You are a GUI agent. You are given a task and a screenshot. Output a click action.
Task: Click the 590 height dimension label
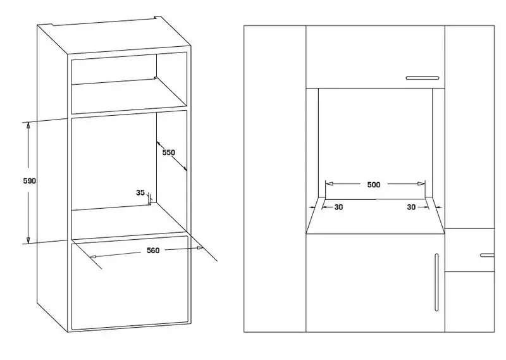click(29, 181)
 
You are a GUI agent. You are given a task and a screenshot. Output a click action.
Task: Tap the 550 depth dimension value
click(168, 152)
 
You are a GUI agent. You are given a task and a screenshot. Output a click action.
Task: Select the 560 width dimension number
click(153, 251)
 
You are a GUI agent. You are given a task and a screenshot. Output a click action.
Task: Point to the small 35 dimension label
click(140, 193)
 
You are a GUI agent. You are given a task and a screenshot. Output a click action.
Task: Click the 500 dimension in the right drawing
click(374, 185)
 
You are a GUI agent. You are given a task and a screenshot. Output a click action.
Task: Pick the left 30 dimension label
click(338, 208)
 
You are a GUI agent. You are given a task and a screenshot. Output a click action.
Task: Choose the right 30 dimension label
click(411, 208)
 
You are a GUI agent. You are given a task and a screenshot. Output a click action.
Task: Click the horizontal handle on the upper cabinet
click(423, 78)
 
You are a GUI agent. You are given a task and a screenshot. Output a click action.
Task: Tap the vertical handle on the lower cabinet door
click(436, 282)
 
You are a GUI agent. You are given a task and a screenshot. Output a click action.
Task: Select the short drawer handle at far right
click(487, 255)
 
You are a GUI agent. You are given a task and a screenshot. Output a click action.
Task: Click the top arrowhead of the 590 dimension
click(28, 126)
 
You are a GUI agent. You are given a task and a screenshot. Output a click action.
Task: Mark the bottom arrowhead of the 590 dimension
click(28, 240)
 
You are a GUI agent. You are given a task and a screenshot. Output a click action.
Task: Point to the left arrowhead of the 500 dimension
click(329, 183)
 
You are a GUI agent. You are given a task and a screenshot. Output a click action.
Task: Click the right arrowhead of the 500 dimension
click(421, 183)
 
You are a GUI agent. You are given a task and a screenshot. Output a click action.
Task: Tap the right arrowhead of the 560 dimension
click(200, 248)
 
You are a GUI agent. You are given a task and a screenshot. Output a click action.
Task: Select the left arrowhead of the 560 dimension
click(93, 257)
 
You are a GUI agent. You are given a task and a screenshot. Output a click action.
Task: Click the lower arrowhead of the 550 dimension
click(185, 168)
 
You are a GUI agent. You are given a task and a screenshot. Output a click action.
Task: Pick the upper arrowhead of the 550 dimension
click(159, 144)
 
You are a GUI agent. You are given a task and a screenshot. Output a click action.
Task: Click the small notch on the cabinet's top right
click(157, 18)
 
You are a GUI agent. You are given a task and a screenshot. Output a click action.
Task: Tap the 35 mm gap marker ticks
click(150, 199)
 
